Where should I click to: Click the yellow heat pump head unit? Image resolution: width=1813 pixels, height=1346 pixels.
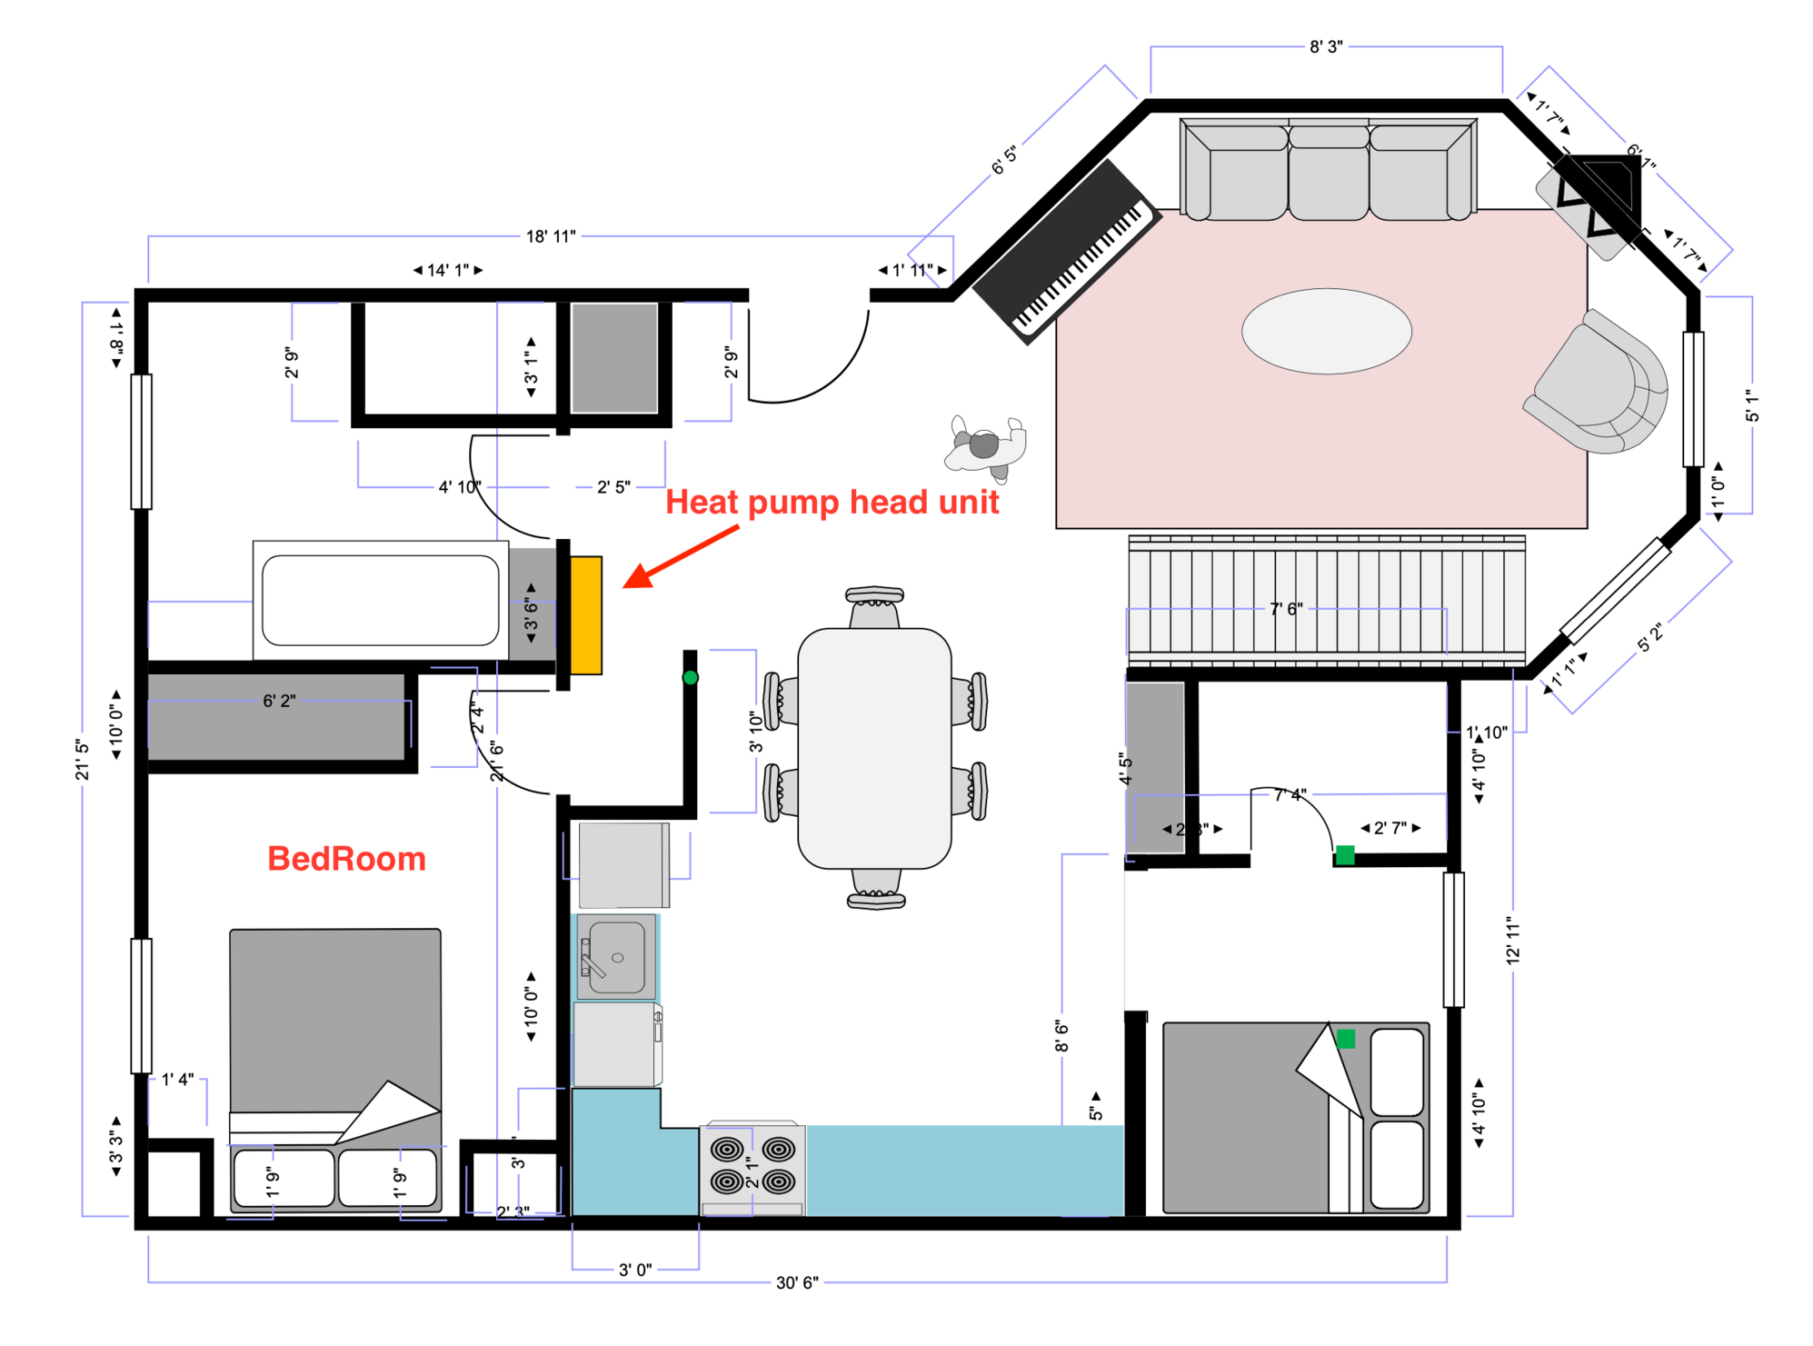coord(585,614)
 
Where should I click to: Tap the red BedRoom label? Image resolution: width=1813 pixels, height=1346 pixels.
coord(346,859)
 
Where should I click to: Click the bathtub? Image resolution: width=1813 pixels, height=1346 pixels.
coord(380,600)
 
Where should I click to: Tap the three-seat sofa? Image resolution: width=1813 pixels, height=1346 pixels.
coord(1327,171)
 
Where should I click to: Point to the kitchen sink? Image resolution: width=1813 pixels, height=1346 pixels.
coord(616,957)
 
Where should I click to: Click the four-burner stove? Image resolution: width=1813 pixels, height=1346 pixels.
coord(752,1167)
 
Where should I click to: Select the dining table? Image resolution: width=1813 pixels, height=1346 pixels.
coord(873,747)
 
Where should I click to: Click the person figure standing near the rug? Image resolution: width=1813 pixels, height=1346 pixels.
coord(985,446)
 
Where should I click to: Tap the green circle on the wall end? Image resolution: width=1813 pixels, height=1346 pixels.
coord(690,677)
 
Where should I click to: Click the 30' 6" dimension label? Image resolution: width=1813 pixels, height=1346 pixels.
coord(796,1282)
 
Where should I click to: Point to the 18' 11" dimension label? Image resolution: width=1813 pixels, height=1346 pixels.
coord(551,236)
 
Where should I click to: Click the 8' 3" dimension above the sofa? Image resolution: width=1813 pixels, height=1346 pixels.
coord(1325,46)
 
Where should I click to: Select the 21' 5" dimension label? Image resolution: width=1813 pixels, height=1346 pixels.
coord(83,759)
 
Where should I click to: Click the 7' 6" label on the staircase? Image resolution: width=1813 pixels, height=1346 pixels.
coord(1286,608)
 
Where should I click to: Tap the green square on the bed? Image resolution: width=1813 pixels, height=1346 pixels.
coord(1345,1038)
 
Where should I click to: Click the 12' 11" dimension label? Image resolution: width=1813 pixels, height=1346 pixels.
coord(1512,940)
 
